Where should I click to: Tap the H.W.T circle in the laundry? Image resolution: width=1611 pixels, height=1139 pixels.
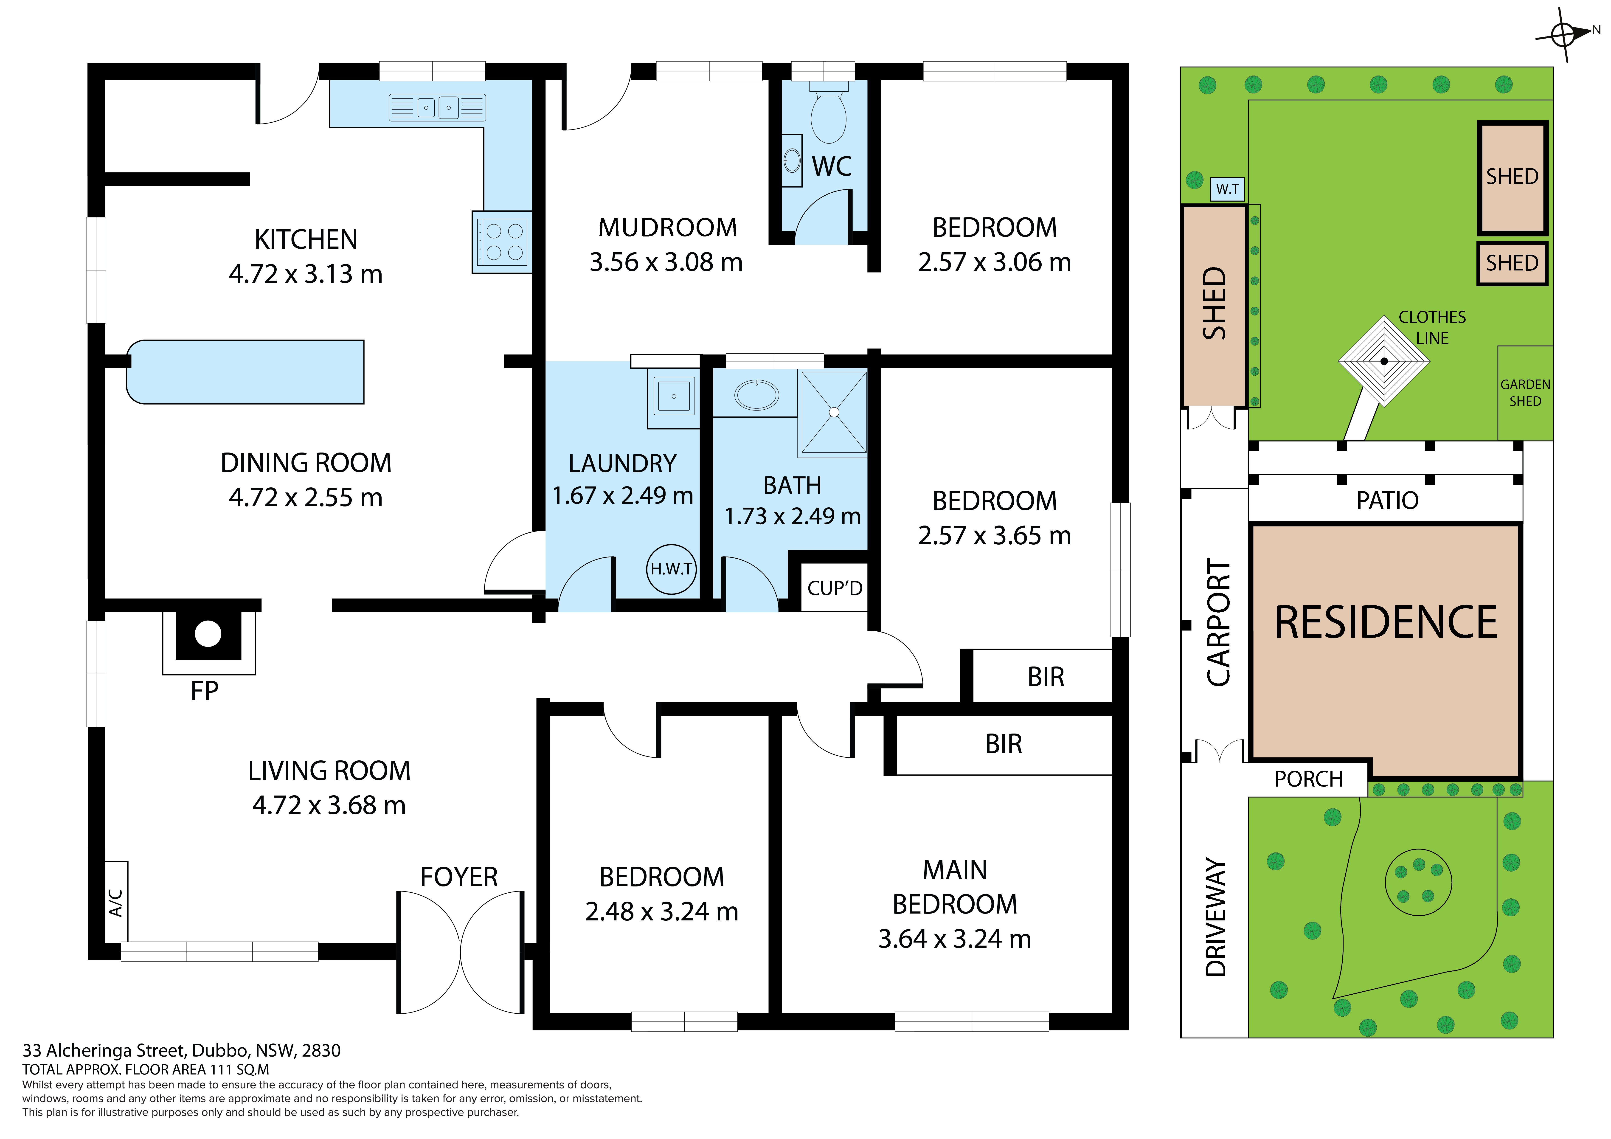click(x=672, y=569)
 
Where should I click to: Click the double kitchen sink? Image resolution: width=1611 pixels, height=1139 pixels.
click(x=437, y=107)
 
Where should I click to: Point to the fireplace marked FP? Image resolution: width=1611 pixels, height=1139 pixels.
click(x=208, y=641)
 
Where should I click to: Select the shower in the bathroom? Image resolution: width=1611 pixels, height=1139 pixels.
click(x=834, y=413)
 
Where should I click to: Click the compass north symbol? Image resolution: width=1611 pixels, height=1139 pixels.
click(x=1564, y=34)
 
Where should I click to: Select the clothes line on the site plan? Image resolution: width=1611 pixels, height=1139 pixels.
click(x=1384, y=361)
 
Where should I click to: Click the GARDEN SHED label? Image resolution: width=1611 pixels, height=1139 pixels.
click(x=1525, y=393)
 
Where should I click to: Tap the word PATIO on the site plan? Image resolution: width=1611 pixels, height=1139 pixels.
click(x=1387, y=500)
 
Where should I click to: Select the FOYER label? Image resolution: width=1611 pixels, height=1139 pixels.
click(x=459, y=877)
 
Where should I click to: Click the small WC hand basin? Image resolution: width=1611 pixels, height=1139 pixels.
click(x=792, y=161)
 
